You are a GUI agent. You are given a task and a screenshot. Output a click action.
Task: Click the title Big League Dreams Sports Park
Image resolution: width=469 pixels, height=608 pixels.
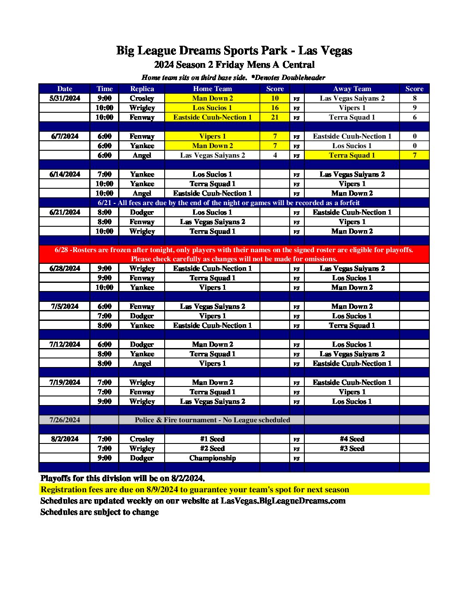click(x=234, y=51)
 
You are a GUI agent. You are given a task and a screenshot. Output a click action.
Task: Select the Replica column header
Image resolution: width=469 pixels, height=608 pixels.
click(x=142, y=89)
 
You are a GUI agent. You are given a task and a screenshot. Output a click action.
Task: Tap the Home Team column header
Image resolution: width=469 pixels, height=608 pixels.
click(x=212, y=89)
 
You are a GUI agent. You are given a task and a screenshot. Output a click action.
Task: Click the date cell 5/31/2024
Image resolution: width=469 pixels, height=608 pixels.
click(x=65, y=98)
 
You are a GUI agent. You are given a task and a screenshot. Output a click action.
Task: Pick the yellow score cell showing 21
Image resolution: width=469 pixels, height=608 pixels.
click(x=275, y=117)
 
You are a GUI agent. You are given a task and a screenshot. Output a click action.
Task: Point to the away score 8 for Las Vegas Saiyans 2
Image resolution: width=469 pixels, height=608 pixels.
click(x=414, y=98)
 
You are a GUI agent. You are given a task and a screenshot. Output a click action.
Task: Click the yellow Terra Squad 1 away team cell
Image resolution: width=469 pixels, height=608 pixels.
click(x=352, y=155)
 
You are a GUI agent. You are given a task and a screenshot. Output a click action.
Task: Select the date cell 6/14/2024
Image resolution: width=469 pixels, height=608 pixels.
click(x=65, y=174)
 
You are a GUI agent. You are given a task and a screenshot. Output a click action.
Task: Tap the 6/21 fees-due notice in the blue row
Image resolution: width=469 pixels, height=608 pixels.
click(x=228, y=203)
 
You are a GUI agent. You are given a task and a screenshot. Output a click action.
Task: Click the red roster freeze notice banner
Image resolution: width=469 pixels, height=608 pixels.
click(x=234, y=254)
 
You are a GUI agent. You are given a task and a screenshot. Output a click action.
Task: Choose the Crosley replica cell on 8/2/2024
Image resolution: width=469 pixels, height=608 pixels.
click(x=142, y=439)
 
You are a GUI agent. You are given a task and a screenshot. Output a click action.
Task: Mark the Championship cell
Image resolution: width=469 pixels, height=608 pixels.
click(x=212, y=458)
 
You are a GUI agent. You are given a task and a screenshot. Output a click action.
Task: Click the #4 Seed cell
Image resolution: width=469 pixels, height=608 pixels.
click(x=352, y=439)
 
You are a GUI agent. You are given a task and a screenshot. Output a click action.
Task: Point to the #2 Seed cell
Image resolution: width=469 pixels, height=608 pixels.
click(x=212, y=448)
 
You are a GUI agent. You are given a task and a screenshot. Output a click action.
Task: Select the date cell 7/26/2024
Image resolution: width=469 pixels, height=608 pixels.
click(x=65, y=420)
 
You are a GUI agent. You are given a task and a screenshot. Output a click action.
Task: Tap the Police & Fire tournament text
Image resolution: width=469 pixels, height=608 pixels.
click(x=212, y=420)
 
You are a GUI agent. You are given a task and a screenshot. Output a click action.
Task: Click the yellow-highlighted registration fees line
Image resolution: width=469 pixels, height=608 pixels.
click(x=195, y=489)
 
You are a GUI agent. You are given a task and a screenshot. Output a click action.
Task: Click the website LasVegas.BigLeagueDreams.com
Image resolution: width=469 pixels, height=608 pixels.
click(x=283, y=500)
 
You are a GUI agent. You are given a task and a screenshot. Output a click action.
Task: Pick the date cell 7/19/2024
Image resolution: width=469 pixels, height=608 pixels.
click(x=65, y=382)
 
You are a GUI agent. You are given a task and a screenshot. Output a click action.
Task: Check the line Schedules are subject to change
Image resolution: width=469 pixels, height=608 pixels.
click(x=100, y=512)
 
